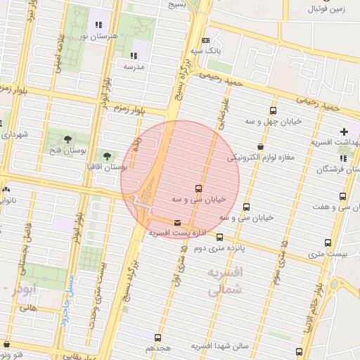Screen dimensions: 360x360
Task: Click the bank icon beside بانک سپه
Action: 205,41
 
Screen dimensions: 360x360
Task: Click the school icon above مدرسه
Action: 134,56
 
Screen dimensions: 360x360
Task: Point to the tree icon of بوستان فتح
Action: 67,139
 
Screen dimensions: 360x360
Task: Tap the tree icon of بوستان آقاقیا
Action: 107,155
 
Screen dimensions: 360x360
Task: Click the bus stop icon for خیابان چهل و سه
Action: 273,110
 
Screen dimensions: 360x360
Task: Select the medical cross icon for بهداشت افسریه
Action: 343,131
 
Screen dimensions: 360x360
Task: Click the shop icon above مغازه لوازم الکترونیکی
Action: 261,147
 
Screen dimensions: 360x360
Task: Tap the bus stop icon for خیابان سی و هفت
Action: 342,196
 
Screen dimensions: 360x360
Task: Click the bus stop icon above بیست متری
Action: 328,243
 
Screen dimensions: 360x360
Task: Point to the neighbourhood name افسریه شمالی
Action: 226,280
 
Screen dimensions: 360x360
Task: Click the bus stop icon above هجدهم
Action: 157,337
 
